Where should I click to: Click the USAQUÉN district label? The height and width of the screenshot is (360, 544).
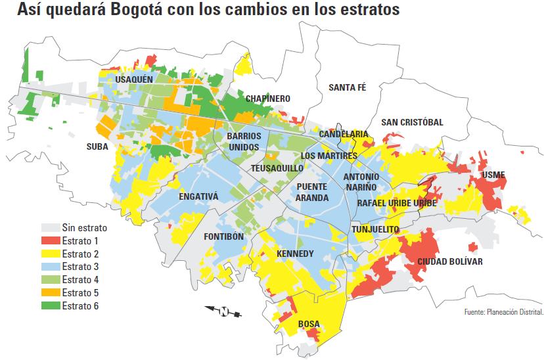(x=134, y=79)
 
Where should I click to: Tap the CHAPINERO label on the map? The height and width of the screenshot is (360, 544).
(x=267, y=99)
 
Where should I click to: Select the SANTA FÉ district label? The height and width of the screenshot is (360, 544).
(x=347, y=87)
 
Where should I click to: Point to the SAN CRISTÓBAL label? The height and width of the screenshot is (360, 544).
(x=412, y=122)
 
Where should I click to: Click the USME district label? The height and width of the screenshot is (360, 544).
(x=493, y=175)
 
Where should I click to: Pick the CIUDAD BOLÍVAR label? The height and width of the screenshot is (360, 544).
(x=450, y=261)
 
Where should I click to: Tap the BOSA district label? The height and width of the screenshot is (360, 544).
(x=309, y=324)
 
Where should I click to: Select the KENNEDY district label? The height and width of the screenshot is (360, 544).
(x=296, y=254)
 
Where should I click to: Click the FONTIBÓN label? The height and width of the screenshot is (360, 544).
(x=224, y=236)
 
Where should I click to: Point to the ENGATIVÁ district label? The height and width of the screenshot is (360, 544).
(x=198, y=196)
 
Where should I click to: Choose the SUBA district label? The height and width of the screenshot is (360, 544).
(x=97, y=146)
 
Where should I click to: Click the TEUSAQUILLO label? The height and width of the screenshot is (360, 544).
(x=277, y=168)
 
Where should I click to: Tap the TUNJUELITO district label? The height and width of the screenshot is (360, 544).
(x=375, y=229)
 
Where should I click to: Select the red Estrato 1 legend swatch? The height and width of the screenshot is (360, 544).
(x=51, y=241)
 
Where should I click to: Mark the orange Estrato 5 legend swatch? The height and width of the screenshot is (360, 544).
(x=51, y=292)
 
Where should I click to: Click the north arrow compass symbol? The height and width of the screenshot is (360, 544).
(x=223, y=311)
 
